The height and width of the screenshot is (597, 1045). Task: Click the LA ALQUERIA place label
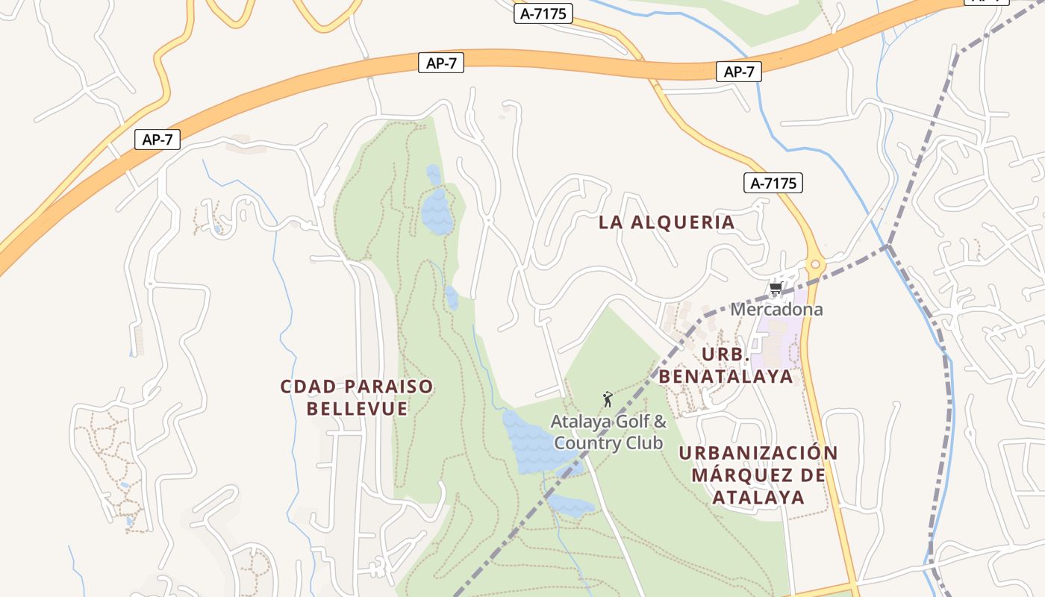pos(667,222)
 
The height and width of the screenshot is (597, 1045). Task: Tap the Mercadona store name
pos(776,309)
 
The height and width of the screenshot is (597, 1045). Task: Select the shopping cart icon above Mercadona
pos(776,288)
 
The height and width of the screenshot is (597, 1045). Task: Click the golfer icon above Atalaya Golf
pos(608,399)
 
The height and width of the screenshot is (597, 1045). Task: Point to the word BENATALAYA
pos(726,377)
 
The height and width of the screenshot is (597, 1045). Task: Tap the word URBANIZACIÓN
pos(758,453)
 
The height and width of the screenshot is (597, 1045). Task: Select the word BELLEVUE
pos(357,409)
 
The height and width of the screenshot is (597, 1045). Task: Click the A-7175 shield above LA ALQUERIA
pos(773,183)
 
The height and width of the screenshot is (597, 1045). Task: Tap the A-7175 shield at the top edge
pos(543,13)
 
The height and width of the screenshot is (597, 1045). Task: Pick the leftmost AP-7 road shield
pos(157,140)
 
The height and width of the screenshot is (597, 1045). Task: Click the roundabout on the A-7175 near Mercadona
pos(815,265)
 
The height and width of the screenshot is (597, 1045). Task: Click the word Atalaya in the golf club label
pos(576,422)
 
